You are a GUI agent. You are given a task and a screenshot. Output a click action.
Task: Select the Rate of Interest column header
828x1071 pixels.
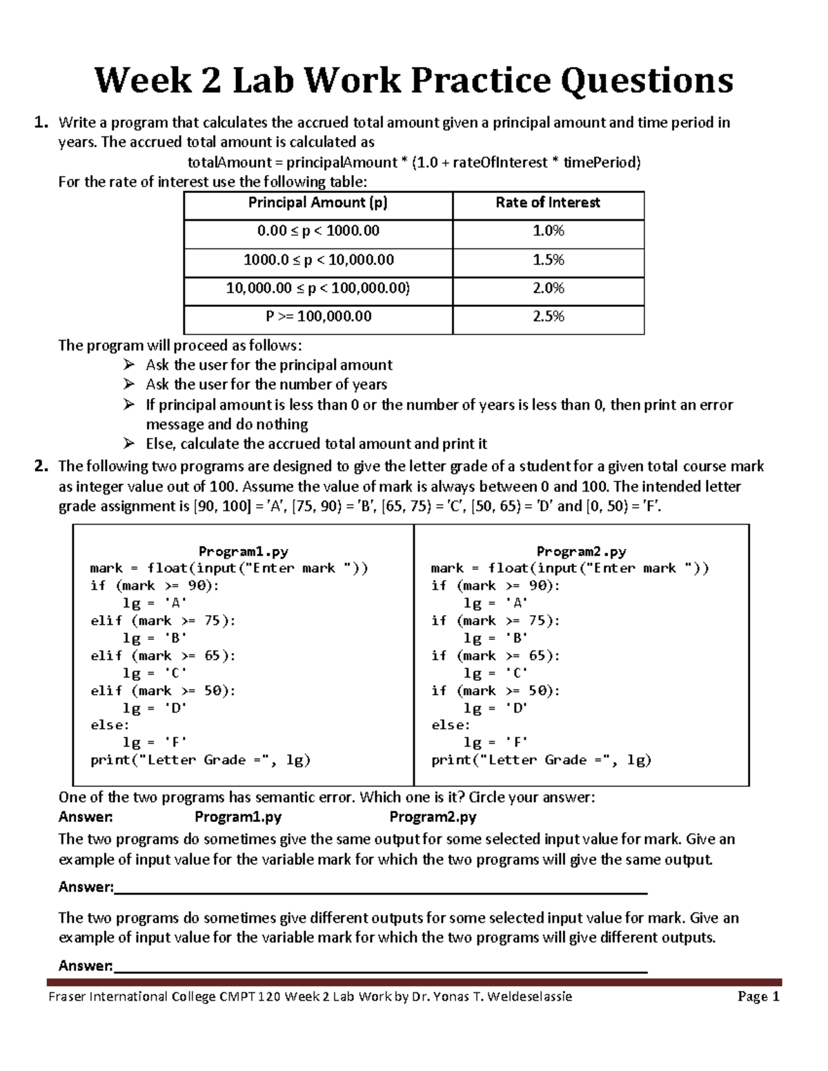pos(548,203)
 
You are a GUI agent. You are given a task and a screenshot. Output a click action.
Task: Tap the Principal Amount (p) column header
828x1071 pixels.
pos(318,203)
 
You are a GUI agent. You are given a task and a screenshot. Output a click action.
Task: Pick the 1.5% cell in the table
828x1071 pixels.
pos(548,259)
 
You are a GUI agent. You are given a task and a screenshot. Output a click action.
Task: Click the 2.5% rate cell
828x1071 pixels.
pos(548,317)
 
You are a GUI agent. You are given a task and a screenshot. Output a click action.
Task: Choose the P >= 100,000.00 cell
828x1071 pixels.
pos(318,317)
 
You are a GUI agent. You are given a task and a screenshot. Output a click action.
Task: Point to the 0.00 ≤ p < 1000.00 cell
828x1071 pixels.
pos(318,231)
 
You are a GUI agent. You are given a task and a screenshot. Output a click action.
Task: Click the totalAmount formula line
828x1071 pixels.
pos(414,163)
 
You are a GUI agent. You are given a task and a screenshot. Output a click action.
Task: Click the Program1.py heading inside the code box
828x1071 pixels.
pos(243,552)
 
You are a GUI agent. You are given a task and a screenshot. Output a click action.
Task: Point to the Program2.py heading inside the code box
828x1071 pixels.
pos(581,552)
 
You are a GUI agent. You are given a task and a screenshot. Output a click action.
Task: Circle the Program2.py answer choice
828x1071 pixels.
pos(433,818)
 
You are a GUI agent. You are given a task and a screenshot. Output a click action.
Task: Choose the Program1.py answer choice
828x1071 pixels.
pos(238,818)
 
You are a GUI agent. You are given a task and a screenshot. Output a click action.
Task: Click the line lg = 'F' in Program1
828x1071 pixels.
pos(155,743)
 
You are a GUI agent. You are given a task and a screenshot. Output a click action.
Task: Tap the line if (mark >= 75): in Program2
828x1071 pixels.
pos(495,621)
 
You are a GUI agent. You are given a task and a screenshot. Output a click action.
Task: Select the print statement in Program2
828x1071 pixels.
pos(541,760)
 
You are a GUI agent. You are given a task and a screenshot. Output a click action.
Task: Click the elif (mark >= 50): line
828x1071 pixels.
pos(163,690)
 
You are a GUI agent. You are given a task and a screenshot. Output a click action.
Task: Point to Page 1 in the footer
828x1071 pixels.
pos(758,997)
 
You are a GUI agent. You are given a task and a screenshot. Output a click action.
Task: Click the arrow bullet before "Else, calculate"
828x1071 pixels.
pos(129,443)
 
